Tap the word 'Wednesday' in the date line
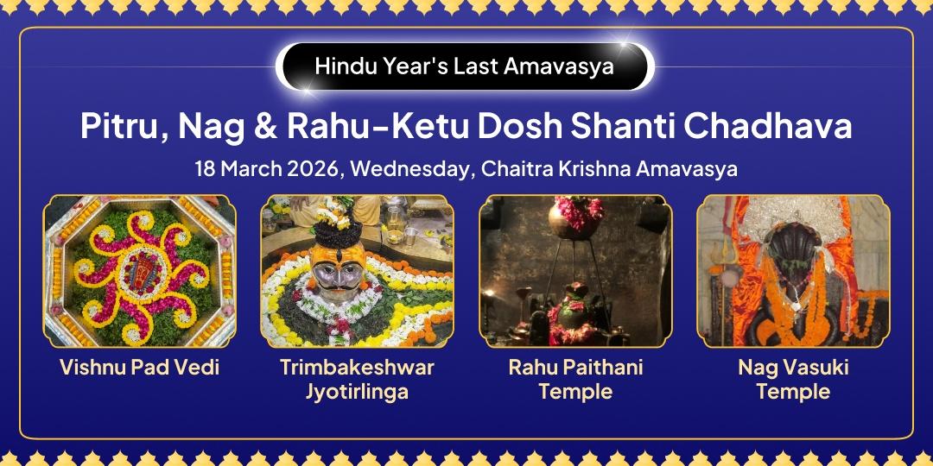[x=410, y=169]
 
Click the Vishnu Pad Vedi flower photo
[x=139, y=271]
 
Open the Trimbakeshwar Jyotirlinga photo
[x=357, y=271]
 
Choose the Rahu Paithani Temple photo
[x=575, y=271]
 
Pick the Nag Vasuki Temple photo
[x=793, y=271]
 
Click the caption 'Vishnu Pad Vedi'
[x=139, y=368]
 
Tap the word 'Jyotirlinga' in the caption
[x=357, y=392]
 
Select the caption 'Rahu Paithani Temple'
[x=575, y=380]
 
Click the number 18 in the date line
[x=206, y=168]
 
